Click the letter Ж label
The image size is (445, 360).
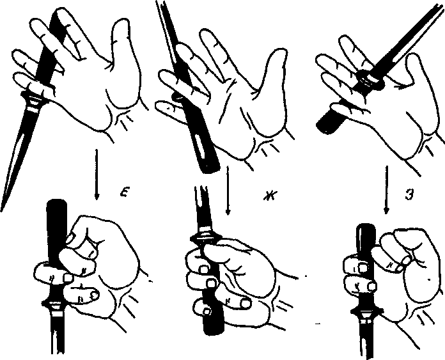tap(270, 196)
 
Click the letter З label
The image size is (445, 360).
tap(409, 195)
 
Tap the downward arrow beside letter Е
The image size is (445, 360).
tap(97, 175)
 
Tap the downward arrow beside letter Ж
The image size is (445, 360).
tap(228, 191)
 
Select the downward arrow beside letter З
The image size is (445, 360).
tap(386, 190)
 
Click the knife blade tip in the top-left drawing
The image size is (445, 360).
tap(2, 210)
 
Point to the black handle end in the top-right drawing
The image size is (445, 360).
tap(329, 122)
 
